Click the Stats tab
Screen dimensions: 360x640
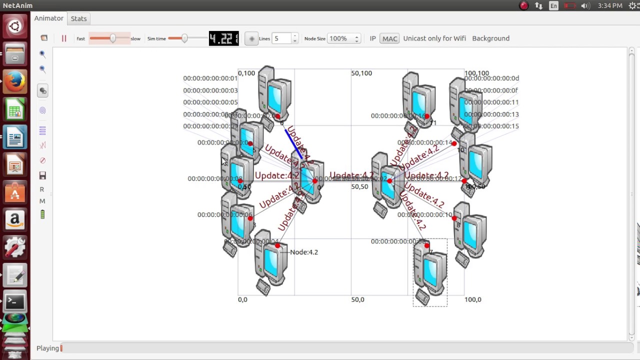tap(78, 18)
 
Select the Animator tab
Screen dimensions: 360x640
tap(48, 18)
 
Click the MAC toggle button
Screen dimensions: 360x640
tap(389, 38)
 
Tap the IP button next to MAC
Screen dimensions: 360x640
tap(372, 38)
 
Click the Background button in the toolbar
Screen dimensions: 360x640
tap(490, 38)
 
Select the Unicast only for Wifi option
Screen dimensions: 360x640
tap(434, 38)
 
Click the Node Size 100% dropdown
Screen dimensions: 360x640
tap(343, 38)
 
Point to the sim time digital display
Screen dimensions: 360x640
tap(223, 38)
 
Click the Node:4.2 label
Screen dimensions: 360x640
tap(303, 252)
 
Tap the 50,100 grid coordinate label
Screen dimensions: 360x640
tap(361, 73)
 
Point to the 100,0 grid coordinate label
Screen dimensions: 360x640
tap(472, 299)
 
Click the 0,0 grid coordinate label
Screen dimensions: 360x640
tap(242, 299)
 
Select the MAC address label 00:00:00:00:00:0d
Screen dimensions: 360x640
tap(491, 78)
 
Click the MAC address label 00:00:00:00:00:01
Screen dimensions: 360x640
tap(210, 78)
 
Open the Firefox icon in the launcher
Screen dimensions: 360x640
tap(15, 81)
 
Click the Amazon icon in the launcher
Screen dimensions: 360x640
tap(15, 219)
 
